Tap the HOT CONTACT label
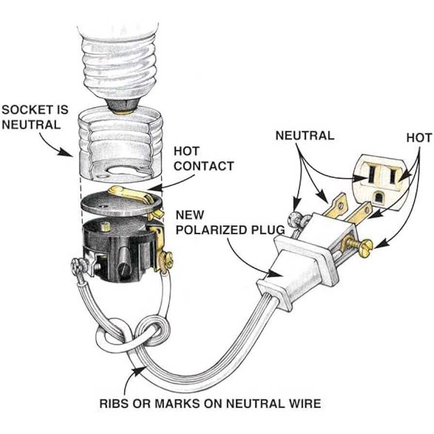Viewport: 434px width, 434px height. (x=203, y=158)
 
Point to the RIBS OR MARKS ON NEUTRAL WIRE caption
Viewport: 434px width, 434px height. (x=210, y=402)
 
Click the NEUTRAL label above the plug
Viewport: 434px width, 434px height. (x=304, y=135)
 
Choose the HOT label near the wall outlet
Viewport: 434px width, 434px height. (x=418, y=138)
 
